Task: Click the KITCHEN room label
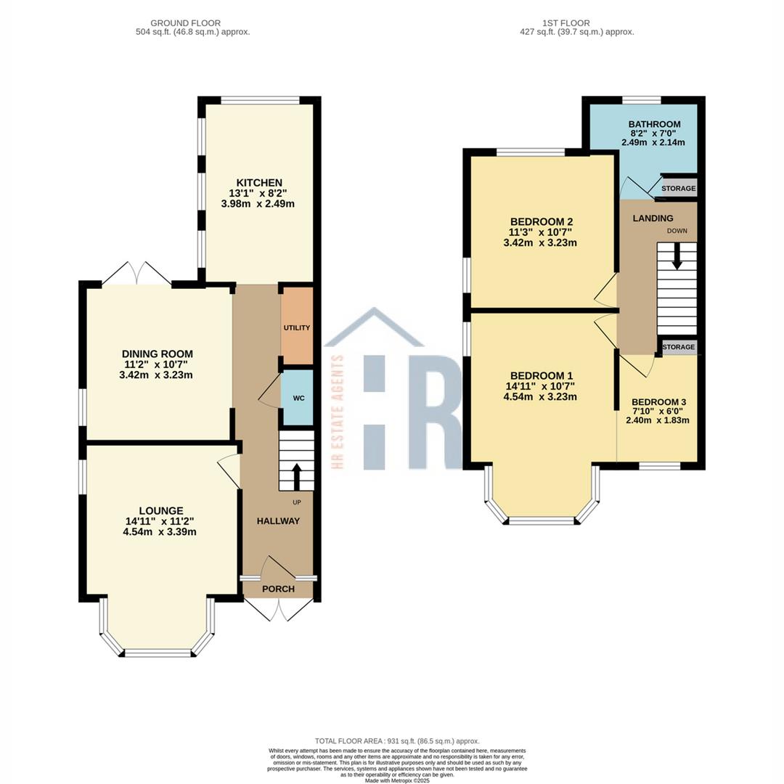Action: pos(259,183)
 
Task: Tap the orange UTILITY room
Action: pos(297,326)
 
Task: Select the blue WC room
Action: pos(298,398)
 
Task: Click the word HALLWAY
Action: pos(278,521)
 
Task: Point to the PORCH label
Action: pos(279,589)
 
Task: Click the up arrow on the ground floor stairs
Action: pos(296,476)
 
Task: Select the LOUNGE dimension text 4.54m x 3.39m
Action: pos(160,532)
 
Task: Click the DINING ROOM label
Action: pos(157,354)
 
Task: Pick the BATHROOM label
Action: pos(654,124)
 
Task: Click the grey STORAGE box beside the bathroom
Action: pos(679,188)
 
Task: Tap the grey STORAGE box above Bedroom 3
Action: pos(679,346)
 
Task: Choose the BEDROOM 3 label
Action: pos(658,402)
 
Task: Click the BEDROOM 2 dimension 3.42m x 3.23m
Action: pos(540,243)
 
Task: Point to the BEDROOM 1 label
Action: pos(542,375)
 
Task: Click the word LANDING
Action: pos(653,218)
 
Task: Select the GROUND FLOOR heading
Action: pos(186,23)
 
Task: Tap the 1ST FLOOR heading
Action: pos(566,23)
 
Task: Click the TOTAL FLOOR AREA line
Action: pos(397,741)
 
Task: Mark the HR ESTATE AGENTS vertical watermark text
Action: pos(338,412)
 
